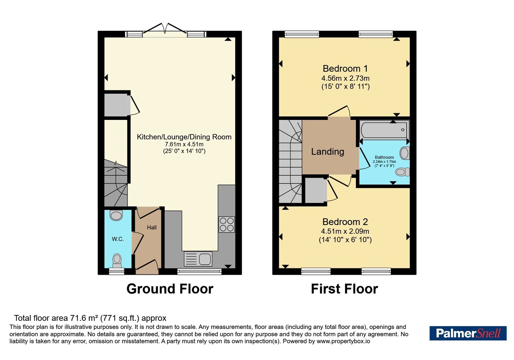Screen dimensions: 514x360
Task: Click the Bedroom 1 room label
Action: [x=345, y=68]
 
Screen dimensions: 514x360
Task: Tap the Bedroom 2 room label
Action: [x=345, y=222]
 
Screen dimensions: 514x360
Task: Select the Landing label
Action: [x=327, y=151]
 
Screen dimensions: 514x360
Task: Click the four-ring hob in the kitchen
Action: [x=227, y=224]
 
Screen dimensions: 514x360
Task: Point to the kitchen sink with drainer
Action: [x=198, y=259]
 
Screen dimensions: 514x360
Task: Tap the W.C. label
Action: [x=118, y=239]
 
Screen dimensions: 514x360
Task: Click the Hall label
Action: [x=152, y=227]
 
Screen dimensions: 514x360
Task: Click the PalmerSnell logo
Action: [x=468, y=333]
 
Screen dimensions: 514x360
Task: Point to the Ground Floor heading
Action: [x=170, y=289]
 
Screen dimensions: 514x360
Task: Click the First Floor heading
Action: [x=344, y=289]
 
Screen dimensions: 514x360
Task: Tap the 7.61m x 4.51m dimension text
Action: [x=184, y=144]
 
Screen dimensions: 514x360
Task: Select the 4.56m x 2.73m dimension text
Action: [x=345, y=78]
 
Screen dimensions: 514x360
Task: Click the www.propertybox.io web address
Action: [x=343, y=341]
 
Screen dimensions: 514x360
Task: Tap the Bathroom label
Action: [x=384, y=157]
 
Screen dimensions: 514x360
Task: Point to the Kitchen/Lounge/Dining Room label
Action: [x=184, y=137]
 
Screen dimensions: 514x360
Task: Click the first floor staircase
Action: [x=290, y=161]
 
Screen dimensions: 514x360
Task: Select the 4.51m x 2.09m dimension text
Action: [x=345, y=231]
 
